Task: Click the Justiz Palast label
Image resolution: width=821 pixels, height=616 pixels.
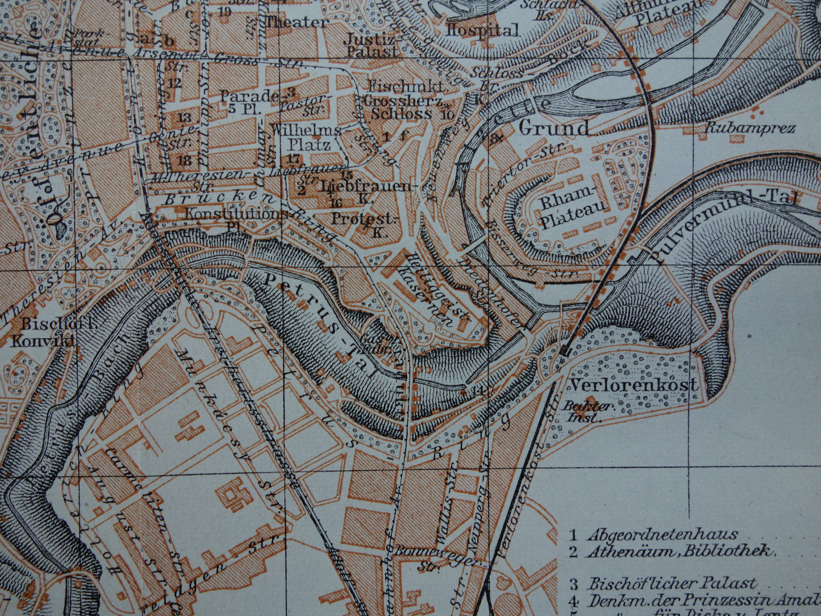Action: click(372, 45)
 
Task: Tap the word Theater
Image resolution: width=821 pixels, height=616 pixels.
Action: click(297, 23)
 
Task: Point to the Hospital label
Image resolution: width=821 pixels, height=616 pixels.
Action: click(482, 31)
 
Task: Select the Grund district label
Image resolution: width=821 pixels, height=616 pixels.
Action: click(554, 128)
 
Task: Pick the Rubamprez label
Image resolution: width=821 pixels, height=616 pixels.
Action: click(749, 128)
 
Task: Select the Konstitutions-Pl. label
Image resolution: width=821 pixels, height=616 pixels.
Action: click(236, 219)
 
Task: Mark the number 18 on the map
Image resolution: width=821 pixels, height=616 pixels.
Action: click(184, 160)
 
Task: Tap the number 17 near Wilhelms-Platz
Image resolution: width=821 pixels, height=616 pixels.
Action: click(294, 158)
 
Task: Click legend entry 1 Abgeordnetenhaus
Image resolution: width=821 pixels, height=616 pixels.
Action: click(653, 535)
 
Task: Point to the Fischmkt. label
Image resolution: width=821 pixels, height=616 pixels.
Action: click(407, 87)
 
